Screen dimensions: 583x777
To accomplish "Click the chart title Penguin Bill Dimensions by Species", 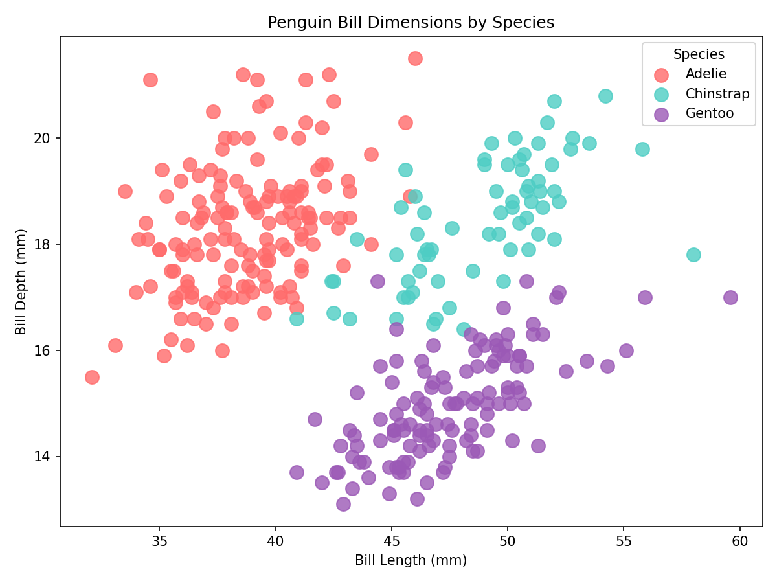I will pos(411,23).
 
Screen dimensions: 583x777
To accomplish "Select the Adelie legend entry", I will pos(706,74).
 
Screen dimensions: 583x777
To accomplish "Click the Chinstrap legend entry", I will pos(717,94).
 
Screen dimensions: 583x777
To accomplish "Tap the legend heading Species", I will pos(699,54).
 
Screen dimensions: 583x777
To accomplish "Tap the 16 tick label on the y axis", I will pos(45,350).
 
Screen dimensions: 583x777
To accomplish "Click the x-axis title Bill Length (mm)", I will pos(411,560).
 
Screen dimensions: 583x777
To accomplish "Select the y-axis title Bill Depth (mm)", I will pos(21,282).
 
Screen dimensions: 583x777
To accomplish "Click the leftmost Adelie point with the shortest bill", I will pos(92,377).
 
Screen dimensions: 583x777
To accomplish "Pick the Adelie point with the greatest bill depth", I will pos(415,58).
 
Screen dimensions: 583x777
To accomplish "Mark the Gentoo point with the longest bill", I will pos(730,297).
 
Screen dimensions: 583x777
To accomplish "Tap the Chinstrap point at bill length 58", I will pos(693,255).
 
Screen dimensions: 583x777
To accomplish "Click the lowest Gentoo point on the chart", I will pos(343,504).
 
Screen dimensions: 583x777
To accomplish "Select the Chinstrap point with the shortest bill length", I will pos(297,319).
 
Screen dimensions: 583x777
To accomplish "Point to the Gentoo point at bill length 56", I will pos(645,297).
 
